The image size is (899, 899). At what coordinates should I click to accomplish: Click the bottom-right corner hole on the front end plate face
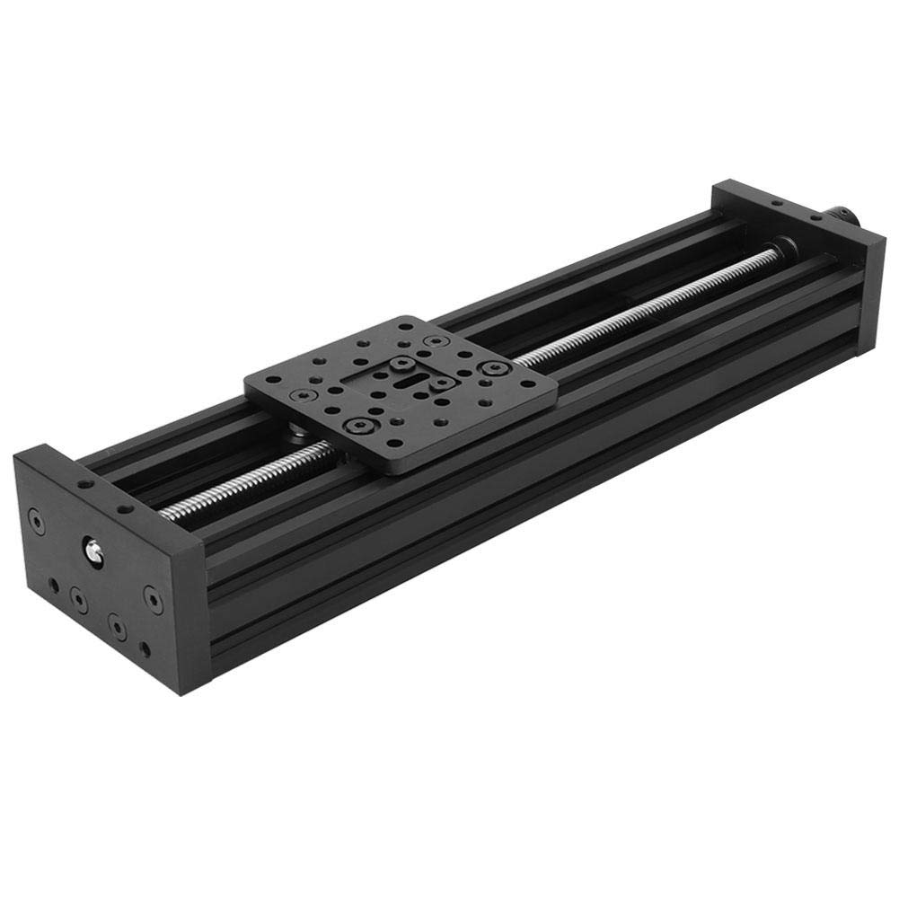click(x=143, y=648)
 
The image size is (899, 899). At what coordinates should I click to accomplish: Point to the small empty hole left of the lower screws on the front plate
click(x=55, y=585)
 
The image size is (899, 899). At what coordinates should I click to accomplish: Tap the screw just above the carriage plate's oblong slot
click(x=401, y=365)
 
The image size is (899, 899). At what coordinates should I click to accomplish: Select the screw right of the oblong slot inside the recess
click(x=441, y=383)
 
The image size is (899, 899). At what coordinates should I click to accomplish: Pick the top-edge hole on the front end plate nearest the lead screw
click(x=128, y=508)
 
